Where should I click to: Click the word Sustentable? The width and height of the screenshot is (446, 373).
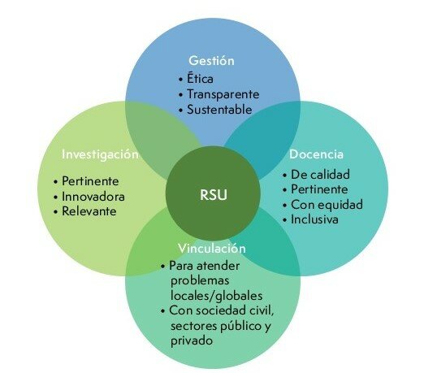point(220,108)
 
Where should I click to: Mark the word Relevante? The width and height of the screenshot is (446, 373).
point(89,211)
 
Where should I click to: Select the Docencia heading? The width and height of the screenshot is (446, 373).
point(316,154)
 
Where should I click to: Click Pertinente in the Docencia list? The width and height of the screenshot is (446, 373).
point(323,189)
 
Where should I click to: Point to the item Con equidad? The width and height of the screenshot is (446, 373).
point(327,204)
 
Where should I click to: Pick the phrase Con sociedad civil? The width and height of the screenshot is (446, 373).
point(222,311)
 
